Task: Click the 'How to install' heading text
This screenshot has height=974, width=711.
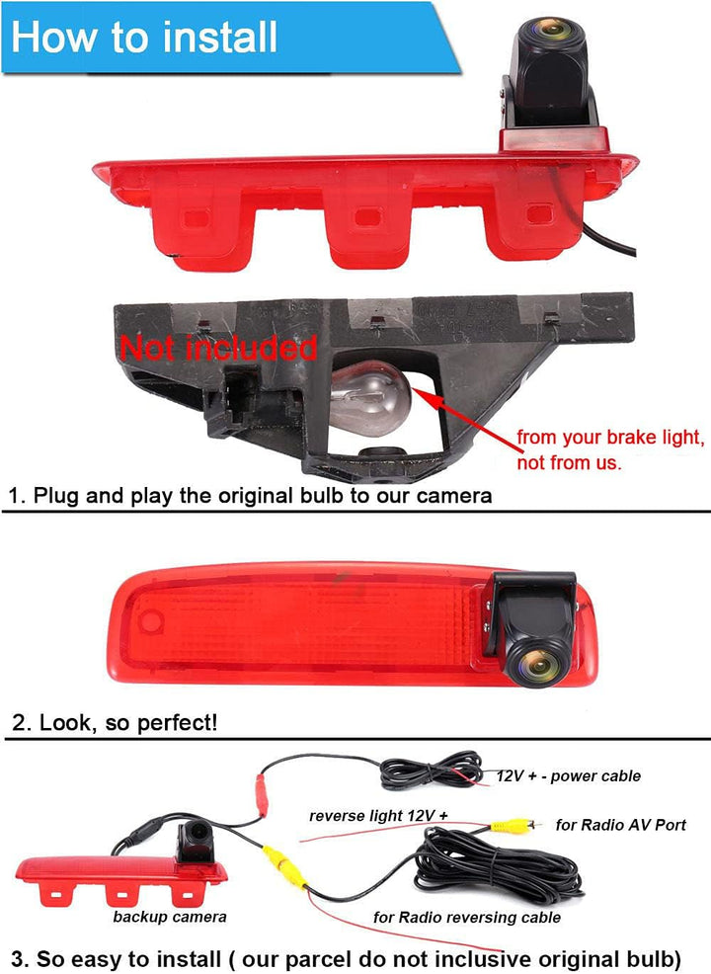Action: tap(144, 37)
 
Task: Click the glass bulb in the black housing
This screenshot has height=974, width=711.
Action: tap(370, 398)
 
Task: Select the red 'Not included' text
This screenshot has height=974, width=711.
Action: tap(218, 348)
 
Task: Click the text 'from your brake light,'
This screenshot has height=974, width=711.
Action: tap(610, 438)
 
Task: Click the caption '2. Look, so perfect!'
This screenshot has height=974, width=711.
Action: tap(115, 723)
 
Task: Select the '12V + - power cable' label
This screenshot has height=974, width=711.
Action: tap(568, 775)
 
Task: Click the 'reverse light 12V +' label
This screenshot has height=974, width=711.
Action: tap(378, 816)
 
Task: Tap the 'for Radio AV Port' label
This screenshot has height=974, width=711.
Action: tap(621, 825)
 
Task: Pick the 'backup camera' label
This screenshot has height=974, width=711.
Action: tap(170, 917)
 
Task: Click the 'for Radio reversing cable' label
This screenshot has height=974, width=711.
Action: tap(467, 918)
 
